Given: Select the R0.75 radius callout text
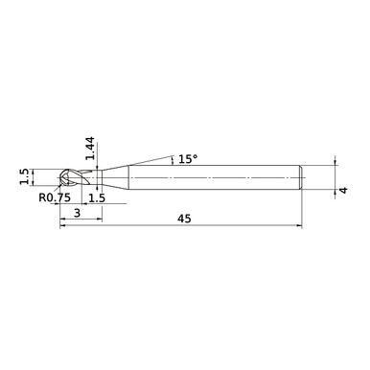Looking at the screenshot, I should (57, 197).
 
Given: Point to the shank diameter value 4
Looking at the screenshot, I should (341, 191).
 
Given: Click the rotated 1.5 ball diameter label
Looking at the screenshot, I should (24, 176).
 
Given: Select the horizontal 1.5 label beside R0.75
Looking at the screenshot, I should (97, 197).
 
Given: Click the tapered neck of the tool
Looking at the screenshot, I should (112, 177).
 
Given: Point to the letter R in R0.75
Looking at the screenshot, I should (43, 197).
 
